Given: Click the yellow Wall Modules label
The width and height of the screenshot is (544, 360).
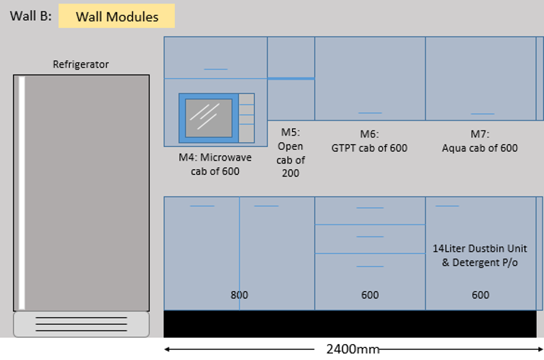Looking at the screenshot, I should [x=116, y=16].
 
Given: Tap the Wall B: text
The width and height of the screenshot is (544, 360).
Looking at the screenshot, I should [x=30, y=16].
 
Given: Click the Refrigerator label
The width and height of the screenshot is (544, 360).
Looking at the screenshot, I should [x=81, y=65].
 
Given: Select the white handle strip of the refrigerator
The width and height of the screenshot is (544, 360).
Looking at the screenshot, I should [x=22, y=192].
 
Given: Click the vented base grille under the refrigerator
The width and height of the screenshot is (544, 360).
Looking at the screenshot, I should [x=81, y=324].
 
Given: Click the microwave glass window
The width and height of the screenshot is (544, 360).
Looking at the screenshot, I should [x=209, y=118].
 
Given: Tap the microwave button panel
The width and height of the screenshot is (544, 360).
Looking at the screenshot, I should [x=246, y=118].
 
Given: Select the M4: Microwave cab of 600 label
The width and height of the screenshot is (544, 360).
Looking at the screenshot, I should [x=215, y=164].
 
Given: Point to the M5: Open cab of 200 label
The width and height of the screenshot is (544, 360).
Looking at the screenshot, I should [x=291, y=153].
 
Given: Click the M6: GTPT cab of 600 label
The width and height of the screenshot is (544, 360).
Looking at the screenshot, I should [x=370, y=141].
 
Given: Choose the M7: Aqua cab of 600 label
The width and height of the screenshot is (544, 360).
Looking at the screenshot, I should [x=480, y=141].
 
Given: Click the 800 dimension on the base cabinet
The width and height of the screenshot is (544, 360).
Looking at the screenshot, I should [x=239, y=295].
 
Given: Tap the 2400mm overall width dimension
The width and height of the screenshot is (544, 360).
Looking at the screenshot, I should [x=352, y=349].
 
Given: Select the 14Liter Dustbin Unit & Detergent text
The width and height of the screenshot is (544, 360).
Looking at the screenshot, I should [x=480, y=255].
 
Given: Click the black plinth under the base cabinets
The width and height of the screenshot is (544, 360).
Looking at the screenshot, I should [x=350, y=324].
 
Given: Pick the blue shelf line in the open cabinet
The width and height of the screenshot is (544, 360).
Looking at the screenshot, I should [x=291, y=78].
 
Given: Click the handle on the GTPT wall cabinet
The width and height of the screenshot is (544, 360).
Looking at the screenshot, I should [x=370, y=113].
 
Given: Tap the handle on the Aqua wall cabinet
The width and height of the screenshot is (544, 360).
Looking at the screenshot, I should [x=482, y=113].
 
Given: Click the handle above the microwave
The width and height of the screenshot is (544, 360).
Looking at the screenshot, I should [x=215, y=69].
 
